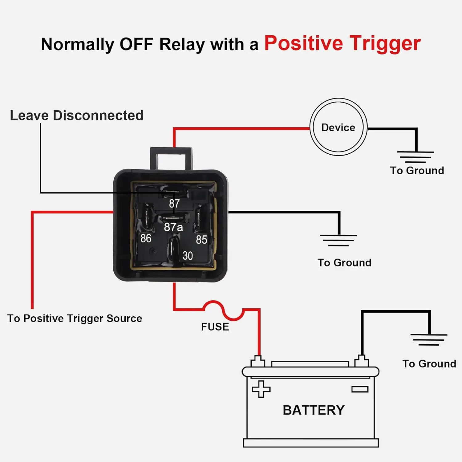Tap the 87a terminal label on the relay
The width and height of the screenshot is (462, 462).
tap(173, 227)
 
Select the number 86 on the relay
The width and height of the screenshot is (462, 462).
tap(146, 238)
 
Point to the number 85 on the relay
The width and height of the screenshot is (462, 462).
tap(201, 240)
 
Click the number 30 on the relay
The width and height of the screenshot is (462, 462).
tap(188, 256)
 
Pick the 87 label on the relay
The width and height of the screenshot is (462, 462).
tap(174, 204)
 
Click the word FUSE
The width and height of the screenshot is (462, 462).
tap(215, 327)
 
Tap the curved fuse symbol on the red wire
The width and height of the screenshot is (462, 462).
tap(223, 310)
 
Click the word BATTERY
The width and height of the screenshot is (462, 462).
tap(314, 410)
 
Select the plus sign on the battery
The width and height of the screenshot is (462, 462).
tap(261, 389)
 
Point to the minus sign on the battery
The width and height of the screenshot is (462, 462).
tap(360, 389)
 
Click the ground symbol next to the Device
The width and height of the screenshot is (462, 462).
tap(415, 157)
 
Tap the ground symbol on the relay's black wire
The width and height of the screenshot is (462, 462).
tap(338, 240)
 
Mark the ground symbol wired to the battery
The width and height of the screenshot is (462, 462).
tap(429, 340)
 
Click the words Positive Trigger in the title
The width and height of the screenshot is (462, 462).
tap(342, 43)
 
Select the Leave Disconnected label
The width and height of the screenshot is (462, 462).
tap(77, 115)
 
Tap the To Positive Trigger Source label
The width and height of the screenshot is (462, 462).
tap(75, 318)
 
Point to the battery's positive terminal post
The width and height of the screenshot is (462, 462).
tap(258, 361)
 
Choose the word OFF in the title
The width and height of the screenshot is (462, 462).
tap(136, 44)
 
